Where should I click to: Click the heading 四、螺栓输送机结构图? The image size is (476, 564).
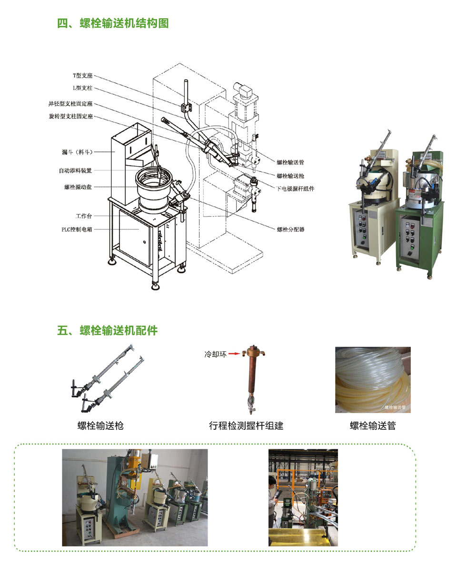click(113, 23)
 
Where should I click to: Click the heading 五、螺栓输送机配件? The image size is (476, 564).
click(107, 330)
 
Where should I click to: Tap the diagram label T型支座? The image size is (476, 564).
click(83, 76)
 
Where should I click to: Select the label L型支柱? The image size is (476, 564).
click(83, 88)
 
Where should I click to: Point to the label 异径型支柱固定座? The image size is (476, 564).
click(70, 104)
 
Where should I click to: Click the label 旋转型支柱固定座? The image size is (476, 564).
click(71, 116)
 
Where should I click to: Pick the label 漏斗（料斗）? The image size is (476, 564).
click(78, 152)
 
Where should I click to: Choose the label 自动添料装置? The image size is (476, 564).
click(76, 170)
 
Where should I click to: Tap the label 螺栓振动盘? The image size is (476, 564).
click(78, 187)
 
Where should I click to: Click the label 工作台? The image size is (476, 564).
click(84, 216)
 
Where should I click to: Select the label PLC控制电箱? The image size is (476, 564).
click(77, 229)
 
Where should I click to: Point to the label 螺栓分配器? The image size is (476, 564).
click(291, 229)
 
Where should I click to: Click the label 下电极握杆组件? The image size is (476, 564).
click(295, 188)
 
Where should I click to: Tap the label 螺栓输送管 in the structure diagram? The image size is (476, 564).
click(290, 162)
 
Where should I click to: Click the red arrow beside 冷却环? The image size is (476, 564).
click(235, 354)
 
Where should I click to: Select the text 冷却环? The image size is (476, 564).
click(216, 354)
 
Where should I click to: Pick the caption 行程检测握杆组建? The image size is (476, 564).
click(246, 425)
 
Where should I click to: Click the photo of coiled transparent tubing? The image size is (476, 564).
click(373, 379)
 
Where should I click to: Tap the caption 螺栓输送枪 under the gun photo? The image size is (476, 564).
click(101, 425)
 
